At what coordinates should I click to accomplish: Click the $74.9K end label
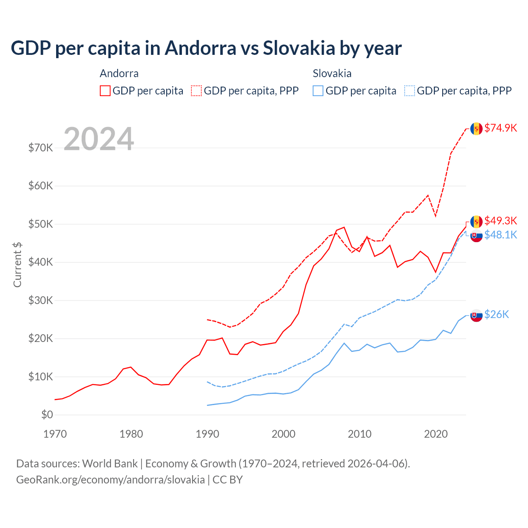(500, 128)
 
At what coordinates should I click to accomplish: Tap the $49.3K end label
(500, 221)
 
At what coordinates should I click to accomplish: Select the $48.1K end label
(500, 235)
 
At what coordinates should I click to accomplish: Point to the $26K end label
(497, 314)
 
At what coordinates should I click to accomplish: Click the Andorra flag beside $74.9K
(476, 129)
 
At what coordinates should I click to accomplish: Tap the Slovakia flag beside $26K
(476, 316)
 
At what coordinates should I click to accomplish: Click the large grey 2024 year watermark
(99, 139)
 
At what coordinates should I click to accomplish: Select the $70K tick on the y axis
(40, 148)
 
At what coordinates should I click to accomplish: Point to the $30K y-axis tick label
(40, 300)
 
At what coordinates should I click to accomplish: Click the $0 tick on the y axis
(47, 415)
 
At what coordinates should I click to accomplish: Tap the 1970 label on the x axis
(55, 434)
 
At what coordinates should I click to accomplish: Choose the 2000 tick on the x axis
(283, 434)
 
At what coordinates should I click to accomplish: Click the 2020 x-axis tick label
(436, 434)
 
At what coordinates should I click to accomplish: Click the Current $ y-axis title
(17, 265)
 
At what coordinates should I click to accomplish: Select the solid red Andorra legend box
(105, 91)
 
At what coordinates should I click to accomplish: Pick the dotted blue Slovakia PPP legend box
(410, 91)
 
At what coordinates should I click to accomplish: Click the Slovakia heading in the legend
(332, 73)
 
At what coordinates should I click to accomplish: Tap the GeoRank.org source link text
(110, 480)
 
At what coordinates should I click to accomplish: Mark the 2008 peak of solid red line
(344, 227)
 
